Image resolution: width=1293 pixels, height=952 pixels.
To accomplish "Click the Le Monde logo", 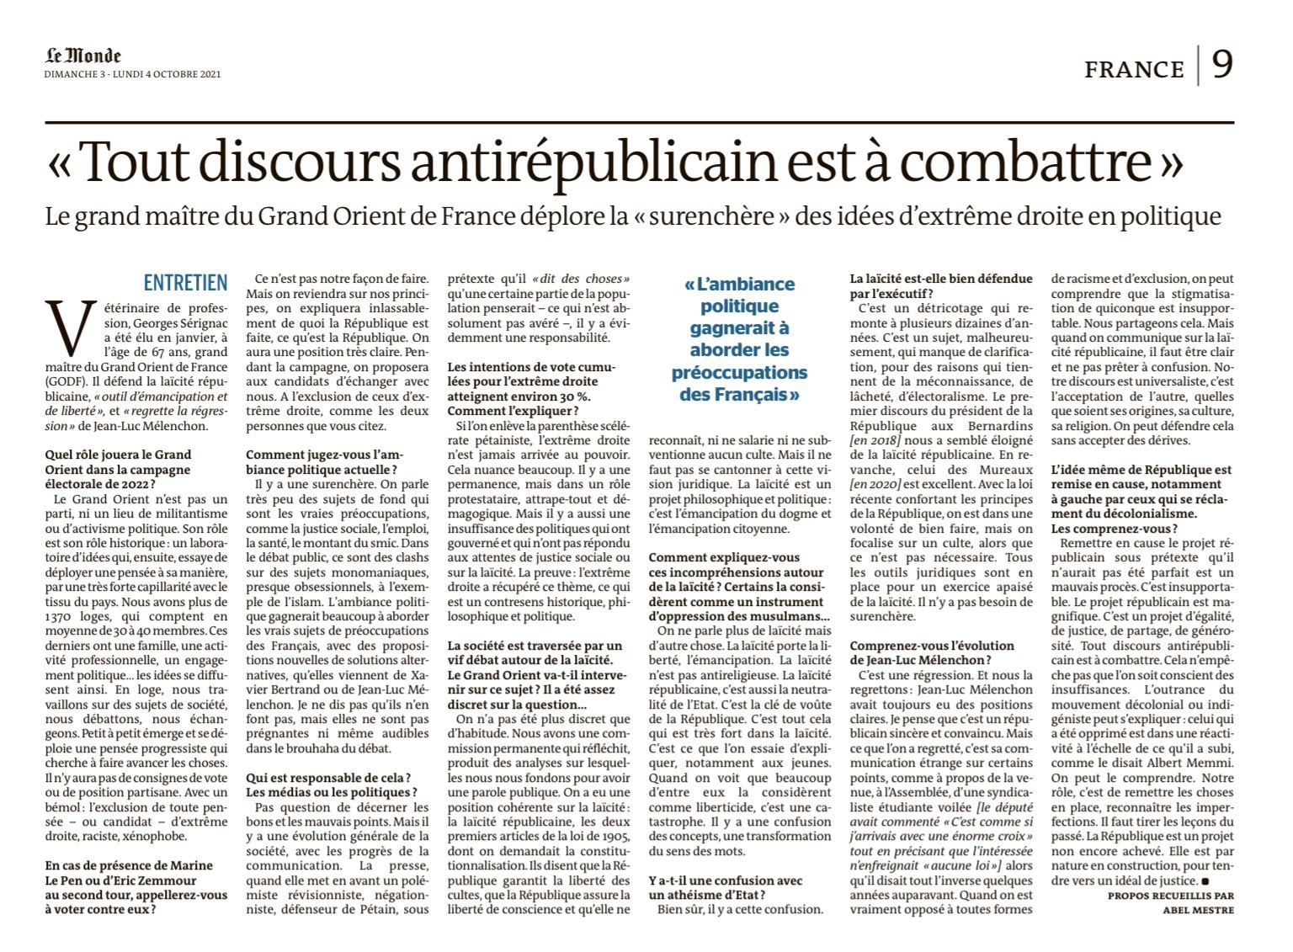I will [83, 56].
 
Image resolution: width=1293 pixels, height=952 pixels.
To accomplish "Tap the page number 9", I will [1222, 65].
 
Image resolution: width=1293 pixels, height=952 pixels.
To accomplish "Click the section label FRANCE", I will [1134, 69].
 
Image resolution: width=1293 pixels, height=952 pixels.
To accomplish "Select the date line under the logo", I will [132, 75].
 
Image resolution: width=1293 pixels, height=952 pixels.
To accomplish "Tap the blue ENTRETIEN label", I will [185, 283].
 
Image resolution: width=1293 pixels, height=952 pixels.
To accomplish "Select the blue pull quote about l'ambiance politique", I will [739, 339].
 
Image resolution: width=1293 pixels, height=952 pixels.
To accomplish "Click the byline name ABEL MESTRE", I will [1199, 910].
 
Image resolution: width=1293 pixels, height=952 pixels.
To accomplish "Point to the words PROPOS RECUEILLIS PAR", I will [1170, 896].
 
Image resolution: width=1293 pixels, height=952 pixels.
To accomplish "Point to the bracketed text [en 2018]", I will [875, 440].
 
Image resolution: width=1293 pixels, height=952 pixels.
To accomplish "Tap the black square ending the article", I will [1205, 880].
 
